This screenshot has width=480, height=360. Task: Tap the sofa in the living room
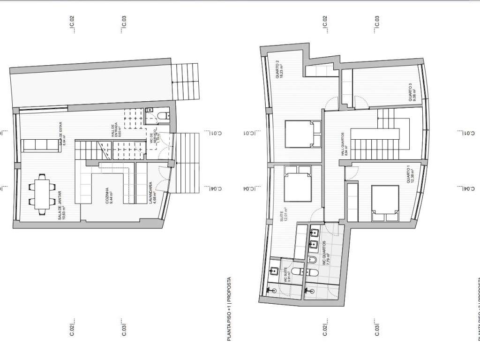click(x=41, y=145)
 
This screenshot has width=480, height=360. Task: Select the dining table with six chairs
click(x=41, y=193)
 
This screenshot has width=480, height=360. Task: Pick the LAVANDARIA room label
click(x=151, y=193)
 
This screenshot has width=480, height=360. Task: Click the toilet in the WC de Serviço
click(x=161, y=115)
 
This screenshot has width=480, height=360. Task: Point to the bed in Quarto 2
click(x=302, y=134)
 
